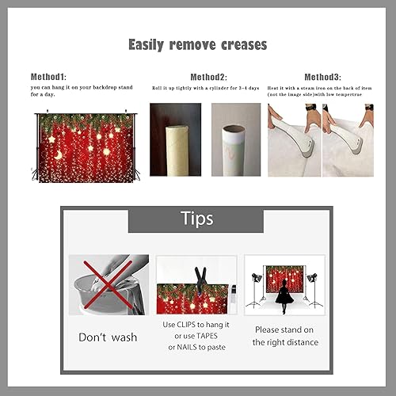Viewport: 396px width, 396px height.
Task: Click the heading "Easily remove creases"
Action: [x=197, y=45]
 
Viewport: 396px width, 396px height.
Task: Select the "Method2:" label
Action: [x=208, y=77]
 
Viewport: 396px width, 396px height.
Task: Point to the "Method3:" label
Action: [x=323, y=77]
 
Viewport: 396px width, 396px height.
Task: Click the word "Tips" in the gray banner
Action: [x=196, y=219]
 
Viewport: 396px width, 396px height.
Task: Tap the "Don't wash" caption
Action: [x=108, y=337]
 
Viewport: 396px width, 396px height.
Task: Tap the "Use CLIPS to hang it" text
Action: [x=196, y=325]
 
